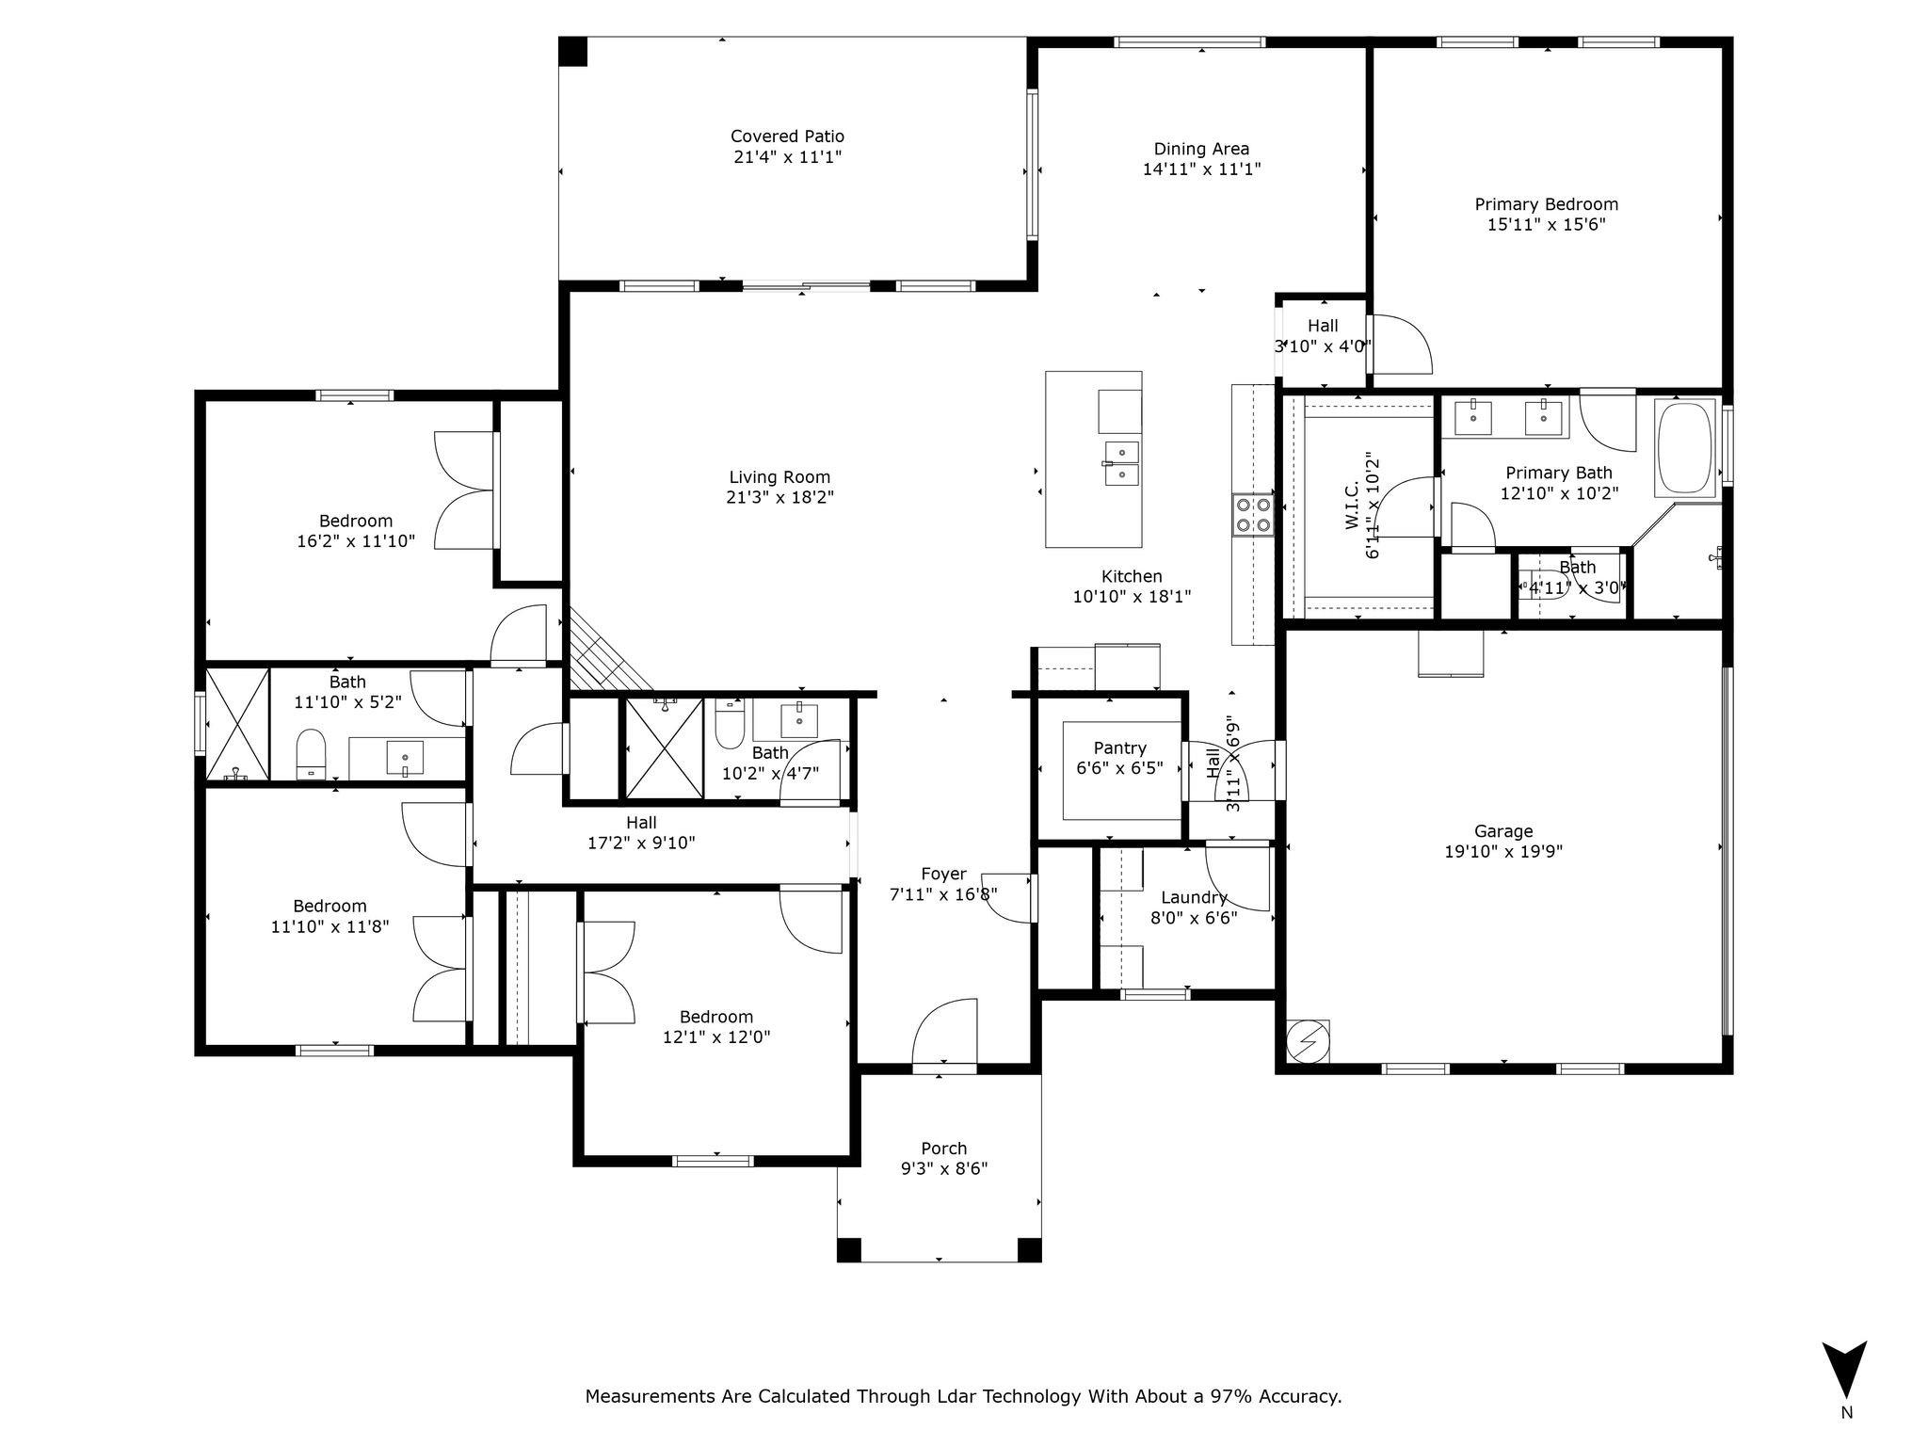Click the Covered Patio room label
pyautogui.click(x=787, y=137)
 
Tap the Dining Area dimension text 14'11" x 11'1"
pyautogui.click(x=1201, y=169)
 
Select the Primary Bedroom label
pyautogui.click(x=1546, y=204)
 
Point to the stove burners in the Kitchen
pyautogui.click(x=1253, y=515)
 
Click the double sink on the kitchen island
pyautogui.click(x=1121, y=462)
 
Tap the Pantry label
pyautogui.click(x=1119, y=748)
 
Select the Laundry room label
pyautogui.click(x=1193, y=897)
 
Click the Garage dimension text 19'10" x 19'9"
pyautogui.click(x=1503, y=852)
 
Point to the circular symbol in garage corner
pyautogui.click(x=1307, y=1041)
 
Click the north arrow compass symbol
pyautogui.click(x=1844, y=1371)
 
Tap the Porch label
pyautogui.click(x=943, y=1149)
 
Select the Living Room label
pyautogui.click(x=779, y=477)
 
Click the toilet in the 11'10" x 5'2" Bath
pyautogui.click(x=311, y=753)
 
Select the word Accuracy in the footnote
pyautogui.click(x=1304, y=1396)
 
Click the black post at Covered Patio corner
pyautogui.click(x=572, y=51)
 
